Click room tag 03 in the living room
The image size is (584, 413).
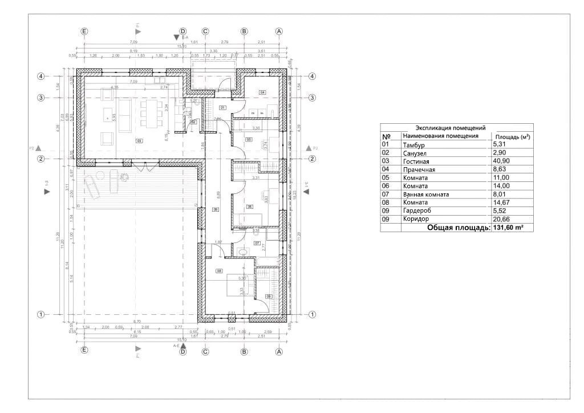click(139, 140)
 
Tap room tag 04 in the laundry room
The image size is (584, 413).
click(262, 92)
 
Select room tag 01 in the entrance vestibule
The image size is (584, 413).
click(222, 107)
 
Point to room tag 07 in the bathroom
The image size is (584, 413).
click(257, 244)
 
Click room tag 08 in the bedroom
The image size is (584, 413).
click(219, 271)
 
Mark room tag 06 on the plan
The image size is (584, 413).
click(250, 206)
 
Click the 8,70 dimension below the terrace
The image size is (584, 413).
click(136, 322)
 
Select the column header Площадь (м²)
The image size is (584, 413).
click(512, 137)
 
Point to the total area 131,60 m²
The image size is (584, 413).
click(508, 228)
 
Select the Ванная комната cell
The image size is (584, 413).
click(425, 195)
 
